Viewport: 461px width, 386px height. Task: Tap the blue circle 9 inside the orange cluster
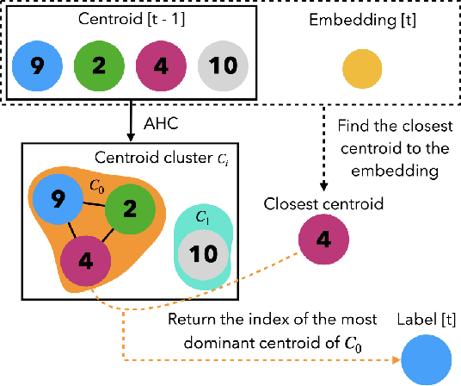point(58,199)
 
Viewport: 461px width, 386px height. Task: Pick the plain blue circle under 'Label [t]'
point(427,358)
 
